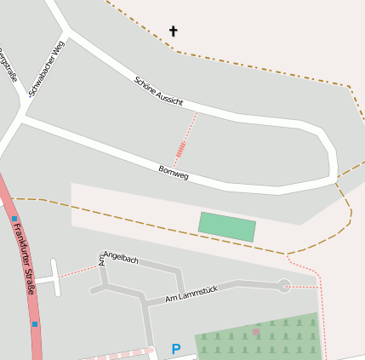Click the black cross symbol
coord(174,31)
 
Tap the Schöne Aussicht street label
coord(158,91)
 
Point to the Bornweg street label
coord(174,172)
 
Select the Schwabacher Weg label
coord(46,67)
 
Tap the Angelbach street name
coord(120,257)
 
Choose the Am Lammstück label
coord(191,294)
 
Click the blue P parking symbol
coord(176,349)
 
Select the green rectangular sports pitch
coord(227,226)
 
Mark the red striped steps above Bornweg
coord(180,151)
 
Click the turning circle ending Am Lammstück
coord(284,286)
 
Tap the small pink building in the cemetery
coord(256,331)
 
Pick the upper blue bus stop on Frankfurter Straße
coord(14,219)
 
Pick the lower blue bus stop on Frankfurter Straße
coord(35,323)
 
